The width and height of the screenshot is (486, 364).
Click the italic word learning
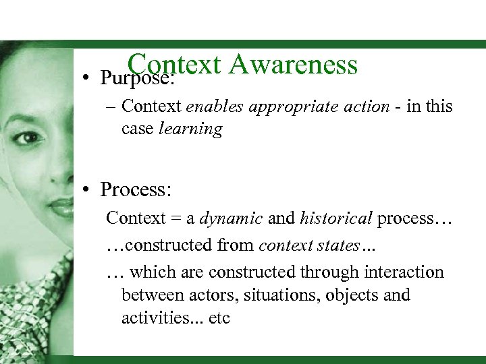click(x=190, y=129)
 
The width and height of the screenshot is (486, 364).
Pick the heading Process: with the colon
click(x=136, y=190)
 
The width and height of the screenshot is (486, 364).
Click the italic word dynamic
click(x=232, y=218)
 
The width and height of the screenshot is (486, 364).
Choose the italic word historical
click(x=336, y=218)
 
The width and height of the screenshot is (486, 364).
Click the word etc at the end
click(x=219, y=317)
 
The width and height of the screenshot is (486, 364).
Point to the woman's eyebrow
click(x=27, y=116)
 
